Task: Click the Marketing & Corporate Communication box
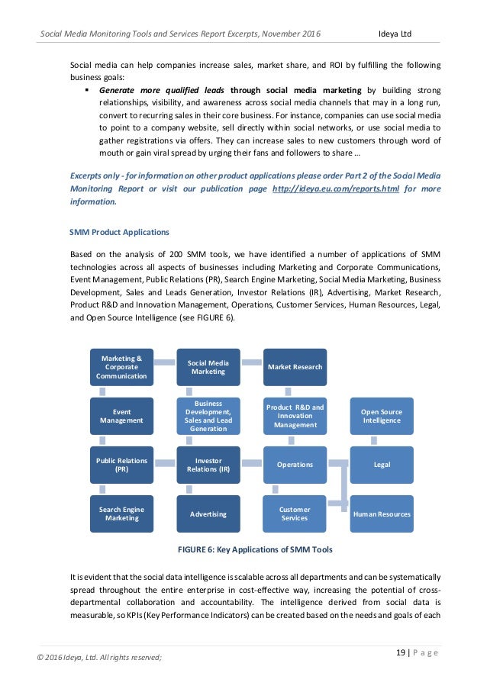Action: tap(121, 367)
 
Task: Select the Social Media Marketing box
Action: tap(208, 367)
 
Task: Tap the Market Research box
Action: tap(295, 367)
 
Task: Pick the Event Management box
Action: tap(121, 417)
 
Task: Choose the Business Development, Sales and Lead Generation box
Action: tap(208, 417)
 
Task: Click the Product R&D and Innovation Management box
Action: tap(295, 417)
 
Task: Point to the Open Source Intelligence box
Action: tap(382, 417)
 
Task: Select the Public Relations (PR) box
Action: tap(121, 465)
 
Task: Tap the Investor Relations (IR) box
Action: tap(208, 465)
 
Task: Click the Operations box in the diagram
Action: tap(295, 465)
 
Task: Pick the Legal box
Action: tap(382, 465)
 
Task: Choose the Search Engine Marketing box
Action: tap(121, 514)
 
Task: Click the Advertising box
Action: tap(208, 514)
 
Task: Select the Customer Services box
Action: tap(295, 514)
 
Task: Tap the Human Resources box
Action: tap(382, 514)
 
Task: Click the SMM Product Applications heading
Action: tap(119, 232)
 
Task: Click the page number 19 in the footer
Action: tap(402, 652)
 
